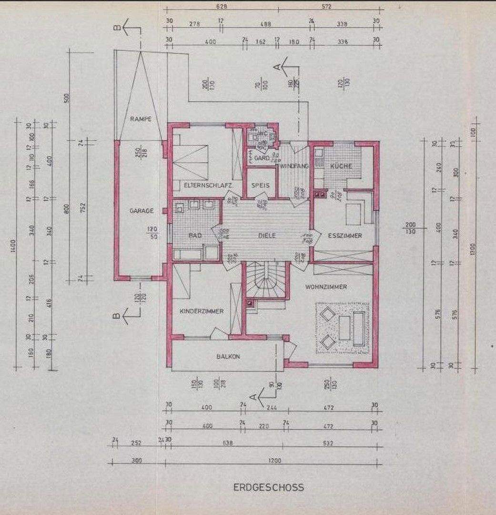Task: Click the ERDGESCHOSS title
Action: click(x=268, y=487)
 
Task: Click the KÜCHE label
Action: click(x=341, y=166)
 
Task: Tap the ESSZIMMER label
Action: click(x=344, y=236)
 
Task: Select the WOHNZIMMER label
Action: click(x=326, y=287)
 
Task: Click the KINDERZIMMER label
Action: click(x=202, y=311)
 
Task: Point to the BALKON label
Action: click(x=228, y=357)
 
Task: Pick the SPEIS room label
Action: click(x=260, y=185)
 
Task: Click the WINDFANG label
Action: click(x=295, y=166)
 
